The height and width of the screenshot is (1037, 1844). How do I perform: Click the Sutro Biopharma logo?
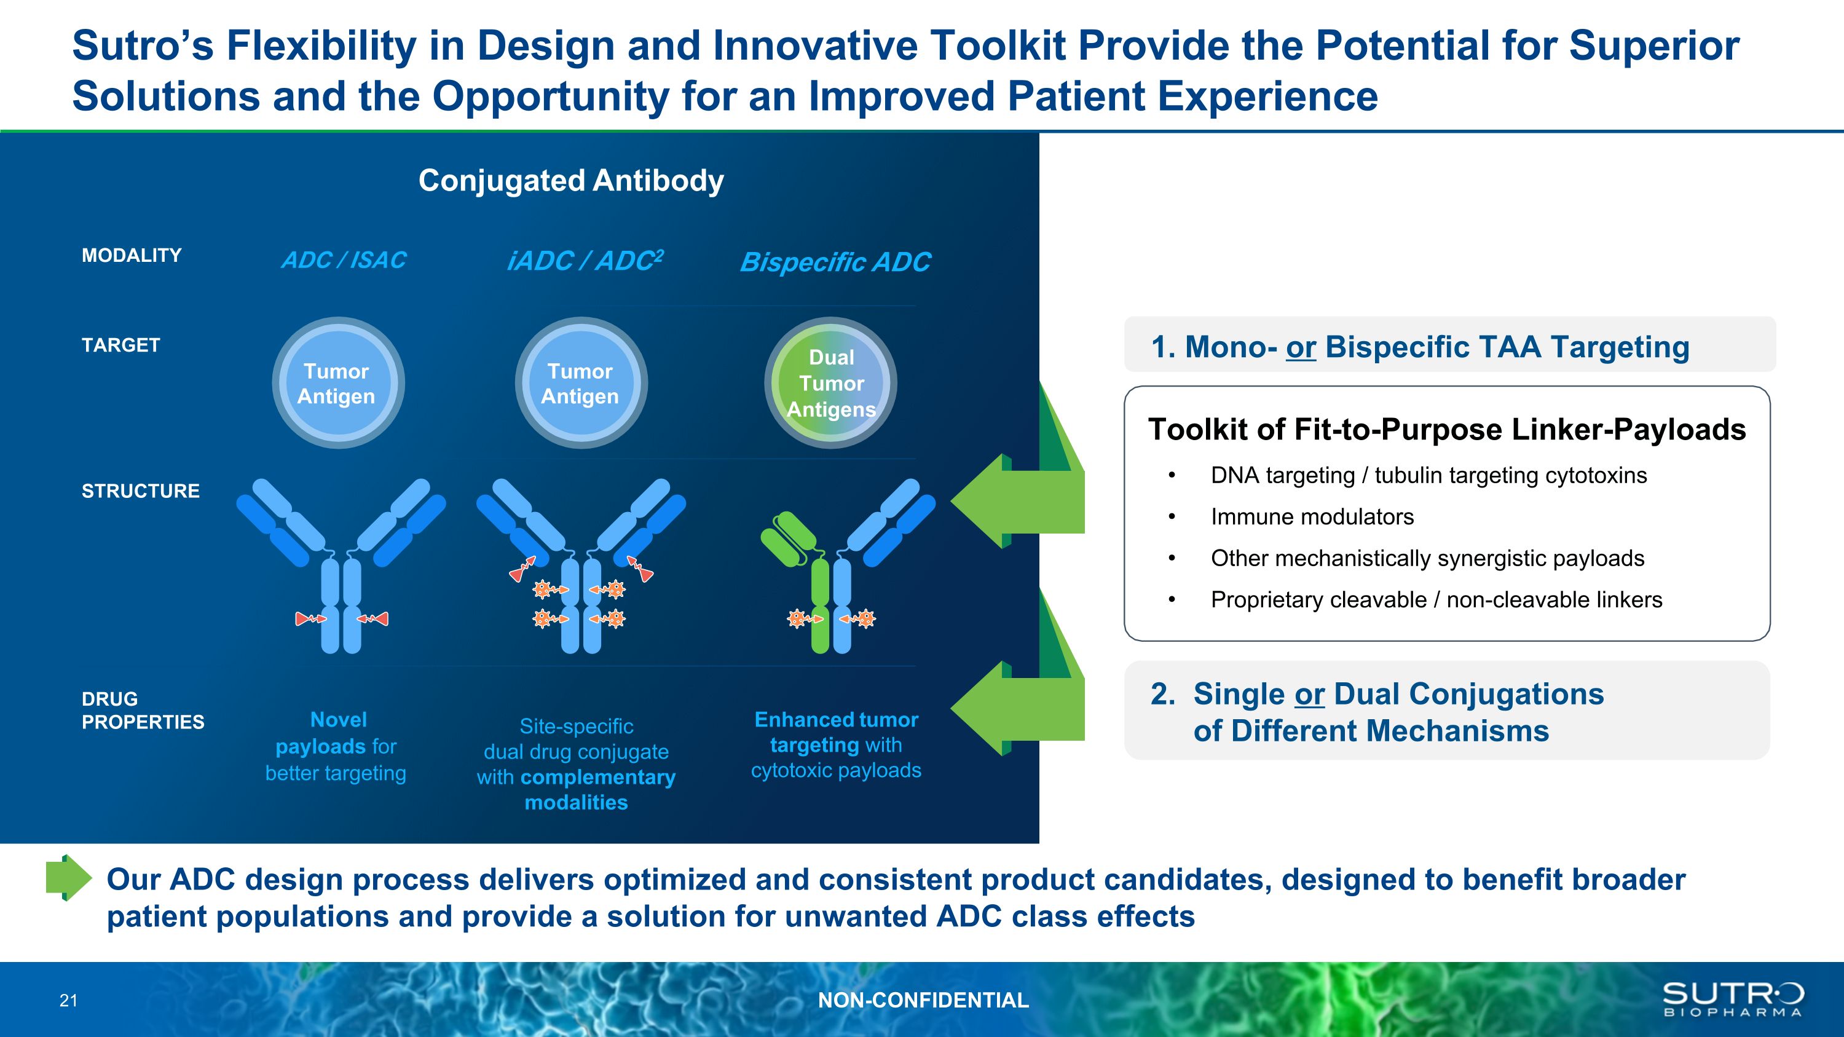coord(1732,999)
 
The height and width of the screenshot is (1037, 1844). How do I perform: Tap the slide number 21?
coord(69,1001)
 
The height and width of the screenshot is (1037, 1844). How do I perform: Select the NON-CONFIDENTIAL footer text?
coord(923,1000)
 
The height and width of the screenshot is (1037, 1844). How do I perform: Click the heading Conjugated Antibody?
coord(570,180)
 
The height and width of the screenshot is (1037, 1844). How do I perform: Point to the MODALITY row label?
coord(132,256)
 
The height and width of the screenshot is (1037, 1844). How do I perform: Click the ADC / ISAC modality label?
coord(344,260)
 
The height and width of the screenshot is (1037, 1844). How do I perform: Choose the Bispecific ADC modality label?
coord(835,262)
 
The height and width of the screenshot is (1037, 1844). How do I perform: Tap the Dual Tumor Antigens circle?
coord(830,383)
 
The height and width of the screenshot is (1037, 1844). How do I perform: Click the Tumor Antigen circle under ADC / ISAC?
coord(337,383)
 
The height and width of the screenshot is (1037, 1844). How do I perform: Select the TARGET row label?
coord(121,345)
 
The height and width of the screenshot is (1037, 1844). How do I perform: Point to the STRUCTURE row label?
coord(140,491)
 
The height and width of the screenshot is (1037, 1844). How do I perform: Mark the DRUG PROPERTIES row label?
coord(143,710)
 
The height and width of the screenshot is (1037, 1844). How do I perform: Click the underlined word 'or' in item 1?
coord(1301,347)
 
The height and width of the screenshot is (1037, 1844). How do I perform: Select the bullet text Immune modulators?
coord(1312,517)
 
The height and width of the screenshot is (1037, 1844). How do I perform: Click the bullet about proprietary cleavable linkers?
coord(1436,600)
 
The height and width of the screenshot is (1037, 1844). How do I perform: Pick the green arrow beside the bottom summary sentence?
coord(69,877)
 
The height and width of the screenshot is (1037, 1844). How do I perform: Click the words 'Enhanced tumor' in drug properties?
coord(836,719)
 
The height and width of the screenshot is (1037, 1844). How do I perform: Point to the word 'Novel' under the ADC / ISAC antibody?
coord(338,719)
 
